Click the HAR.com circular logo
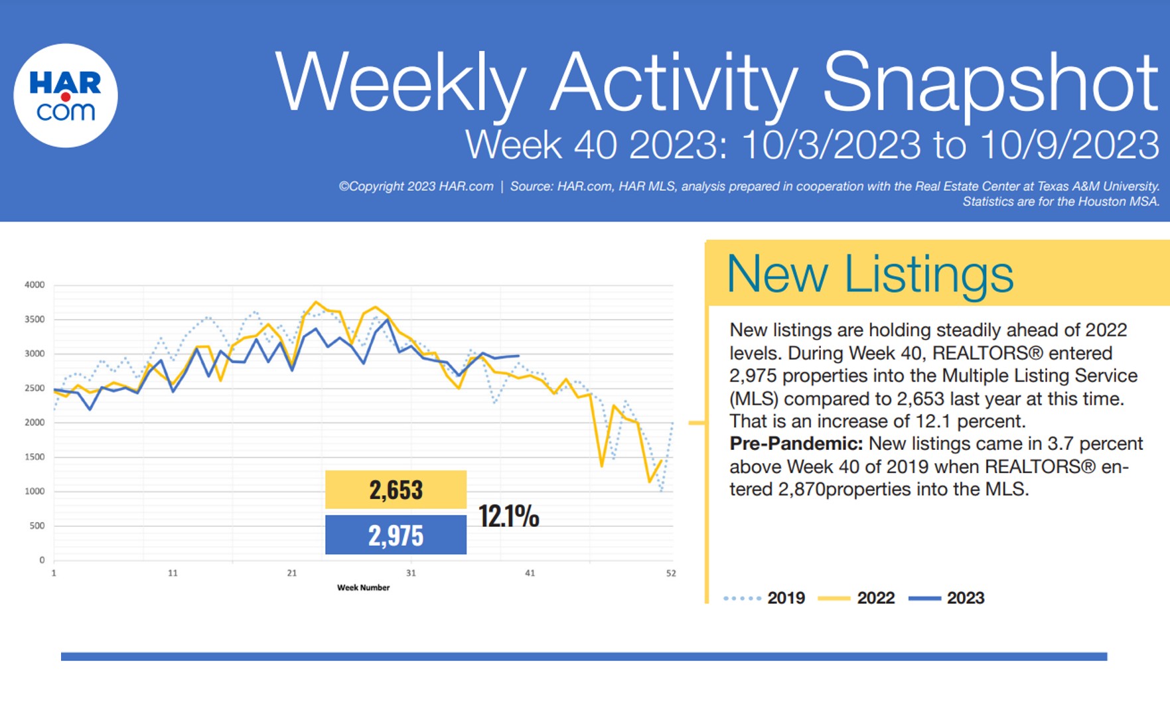[66, 96]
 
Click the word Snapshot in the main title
[990, 82]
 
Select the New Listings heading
[869, 273]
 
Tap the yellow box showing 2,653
[396, 490]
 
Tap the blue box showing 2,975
[396, 535]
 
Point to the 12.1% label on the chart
[508, 516]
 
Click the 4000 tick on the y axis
[35, 285]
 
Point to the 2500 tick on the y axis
[35, 388]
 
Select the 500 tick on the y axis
[37, 526]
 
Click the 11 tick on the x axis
[173, 573]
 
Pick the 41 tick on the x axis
[530, 573]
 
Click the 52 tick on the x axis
[671, 573]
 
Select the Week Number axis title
[363, 588]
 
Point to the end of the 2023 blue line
[518, 356]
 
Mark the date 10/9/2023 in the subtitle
[1069, 145]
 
